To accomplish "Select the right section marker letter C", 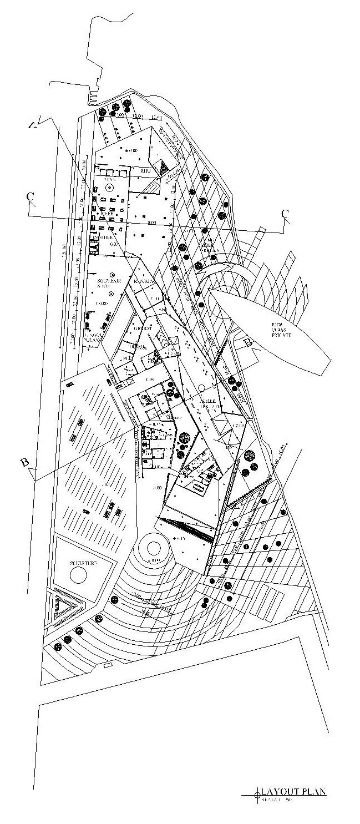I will pyautogui.click(x=285, y=213).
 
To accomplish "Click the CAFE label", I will pyautogui.click(x=107, y=213).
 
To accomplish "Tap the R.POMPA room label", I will pyautogui.click(x=143, y=281).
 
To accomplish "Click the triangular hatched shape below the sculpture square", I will pyautogui.click(x=67, y=610).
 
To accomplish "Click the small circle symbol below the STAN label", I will pyautogui.click(x=110, y=189).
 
